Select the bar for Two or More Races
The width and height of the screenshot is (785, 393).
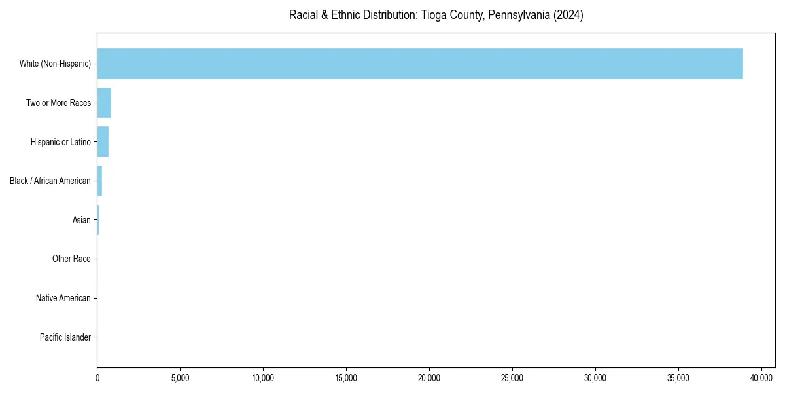pos(104,103)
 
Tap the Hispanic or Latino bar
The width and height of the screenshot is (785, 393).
pos(103,142)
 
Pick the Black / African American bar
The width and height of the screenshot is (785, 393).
pos(99,181)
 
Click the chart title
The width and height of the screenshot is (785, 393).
pos(436,15)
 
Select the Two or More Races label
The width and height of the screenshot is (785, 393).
pos(58,103)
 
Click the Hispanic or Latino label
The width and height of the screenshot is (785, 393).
pos(60,142)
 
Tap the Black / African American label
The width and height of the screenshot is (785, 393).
pos(50,181)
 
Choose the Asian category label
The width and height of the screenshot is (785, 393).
pos(82,220)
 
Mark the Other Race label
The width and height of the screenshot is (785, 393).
pos(71,259)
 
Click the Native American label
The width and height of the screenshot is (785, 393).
pos(63,299)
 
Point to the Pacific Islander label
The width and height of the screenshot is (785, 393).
pos(65,337)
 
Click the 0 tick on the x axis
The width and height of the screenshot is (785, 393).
pos(97,378)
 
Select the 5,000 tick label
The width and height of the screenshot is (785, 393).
pos(180,378)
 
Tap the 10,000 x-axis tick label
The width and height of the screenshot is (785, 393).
pos(263,378)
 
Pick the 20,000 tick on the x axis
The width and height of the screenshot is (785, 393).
pos(429,378)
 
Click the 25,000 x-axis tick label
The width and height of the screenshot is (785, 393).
pos(512,378)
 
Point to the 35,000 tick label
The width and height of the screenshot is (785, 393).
pos(678,378)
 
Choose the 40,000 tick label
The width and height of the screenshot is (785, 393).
pos(761,378)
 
